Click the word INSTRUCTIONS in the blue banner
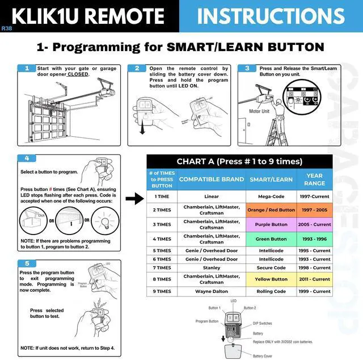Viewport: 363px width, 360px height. tap(271, 16)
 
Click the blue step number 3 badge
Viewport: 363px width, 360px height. tap(247, 69)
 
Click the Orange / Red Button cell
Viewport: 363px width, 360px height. tap(271, 210)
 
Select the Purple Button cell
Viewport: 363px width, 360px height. tap(271, 224)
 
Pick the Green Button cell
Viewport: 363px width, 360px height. tap(271, 239)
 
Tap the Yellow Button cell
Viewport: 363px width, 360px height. tap(271, 279)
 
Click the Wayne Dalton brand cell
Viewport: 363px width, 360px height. tap(212, 291)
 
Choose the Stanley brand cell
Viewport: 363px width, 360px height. tap(212, 267)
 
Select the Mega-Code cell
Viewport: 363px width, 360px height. tap(271, 196)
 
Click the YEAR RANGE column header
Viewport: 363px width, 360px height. tap(314, 179)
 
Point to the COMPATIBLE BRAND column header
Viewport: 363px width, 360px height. tap(212, 179)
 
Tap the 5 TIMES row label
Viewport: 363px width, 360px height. tap(162, 250)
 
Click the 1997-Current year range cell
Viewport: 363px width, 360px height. tap(314, 196)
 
